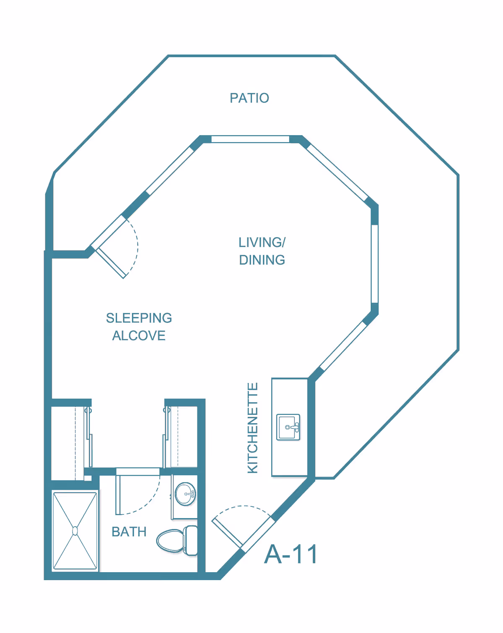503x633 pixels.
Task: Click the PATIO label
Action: pos(249,98)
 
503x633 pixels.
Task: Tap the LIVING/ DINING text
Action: pos(262,251)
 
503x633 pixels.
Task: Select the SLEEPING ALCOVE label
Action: pos(139,327)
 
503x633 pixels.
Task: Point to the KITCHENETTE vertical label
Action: pos(253,428)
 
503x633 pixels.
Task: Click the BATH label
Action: pos(129,531)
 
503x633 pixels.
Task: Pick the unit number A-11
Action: pos(291,554)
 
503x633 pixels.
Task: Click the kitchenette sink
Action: pos(288,427)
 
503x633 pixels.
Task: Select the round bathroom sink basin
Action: pos(185,494)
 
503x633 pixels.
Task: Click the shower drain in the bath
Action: pos(75,531)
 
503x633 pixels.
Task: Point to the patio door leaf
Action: pos(111,263)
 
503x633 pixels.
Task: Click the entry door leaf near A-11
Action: pos(227,533)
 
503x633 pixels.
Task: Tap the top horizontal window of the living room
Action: pos(250,139)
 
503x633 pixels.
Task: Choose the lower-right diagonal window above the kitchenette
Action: pos(344,346)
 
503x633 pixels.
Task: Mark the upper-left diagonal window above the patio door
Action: pos(170,171)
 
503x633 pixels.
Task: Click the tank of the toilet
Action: pos(191,540)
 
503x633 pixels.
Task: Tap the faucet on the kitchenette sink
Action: pos(295,427)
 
